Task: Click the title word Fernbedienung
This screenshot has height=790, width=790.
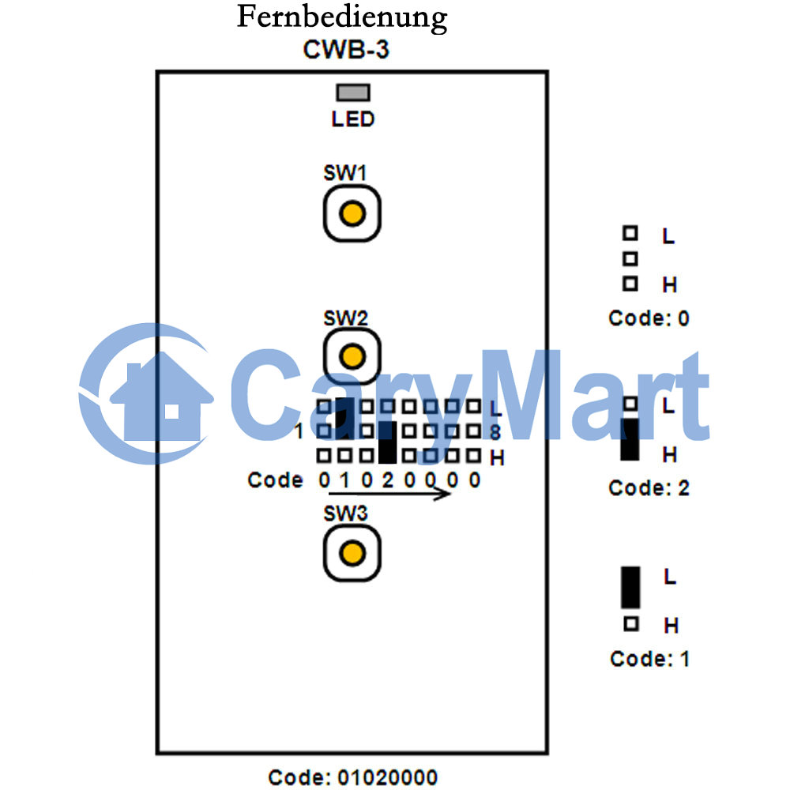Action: point(342,18)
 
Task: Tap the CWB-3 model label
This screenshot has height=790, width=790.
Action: point(346,49)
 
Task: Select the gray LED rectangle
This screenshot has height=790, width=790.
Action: point(353,92)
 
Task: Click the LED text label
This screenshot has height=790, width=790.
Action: point(352,119)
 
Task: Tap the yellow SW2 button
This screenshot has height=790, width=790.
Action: point(352,357)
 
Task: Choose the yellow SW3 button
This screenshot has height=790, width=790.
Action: point(352,553)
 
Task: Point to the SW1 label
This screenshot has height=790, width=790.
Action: point(345,173)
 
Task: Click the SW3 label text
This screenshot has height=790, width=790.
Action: point(345,513)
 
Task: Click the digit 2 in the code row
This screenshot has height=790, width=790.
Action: point(387,480)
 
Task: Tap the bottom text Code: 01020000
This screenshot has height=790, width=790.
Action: point(352,777)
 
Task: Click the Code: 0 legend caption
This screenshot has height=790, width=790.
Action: point(649,318)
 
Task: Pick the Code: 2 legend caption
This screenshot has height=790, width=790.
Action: point(649,487)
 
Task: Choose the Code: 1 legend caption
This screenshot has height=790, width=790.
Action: point(649,659)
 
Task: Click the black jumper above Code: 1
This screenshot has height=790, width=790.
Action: point(630,588)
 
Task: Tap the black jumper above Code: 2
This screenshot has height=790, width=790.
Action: point(630,439)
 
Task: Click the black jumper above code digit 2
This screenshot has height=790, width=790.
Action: point(387,442)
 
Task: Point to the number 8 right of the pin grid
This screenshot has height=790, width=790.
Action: point(495,432)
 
